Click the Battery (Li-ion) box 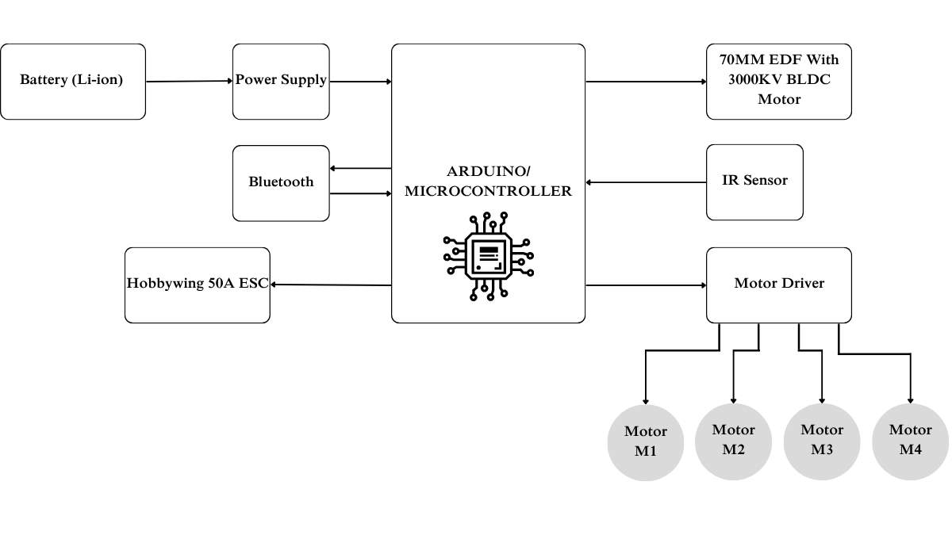click(72, 81)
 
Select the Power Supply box click(281, 81)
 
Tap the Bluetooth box click(281, 182)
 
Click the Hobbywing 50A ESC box click(198, 285)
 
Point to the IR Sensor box click(754, 182)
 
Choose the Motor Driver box click(778, 284)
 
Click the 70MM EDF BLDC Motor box click(778, 81)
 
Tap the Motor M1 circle click(645, 442)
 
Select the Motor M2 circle click(733, 441)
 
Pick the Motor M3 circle click(822, 441)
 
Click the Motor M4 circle click(910, 441)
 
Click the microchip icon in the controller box click(488, 255)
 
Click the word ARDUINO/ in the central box click(488, 172)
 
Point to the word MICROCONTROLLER click(488, 192)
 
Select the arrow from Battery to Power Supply click(189, 81)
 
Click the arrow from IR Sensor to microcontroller click(646, 182)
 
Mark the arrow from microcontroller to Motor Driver click(646, 285)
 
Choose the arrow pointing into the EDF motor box click(646, 81)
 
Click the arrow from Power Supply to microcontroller click(360, 81)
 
